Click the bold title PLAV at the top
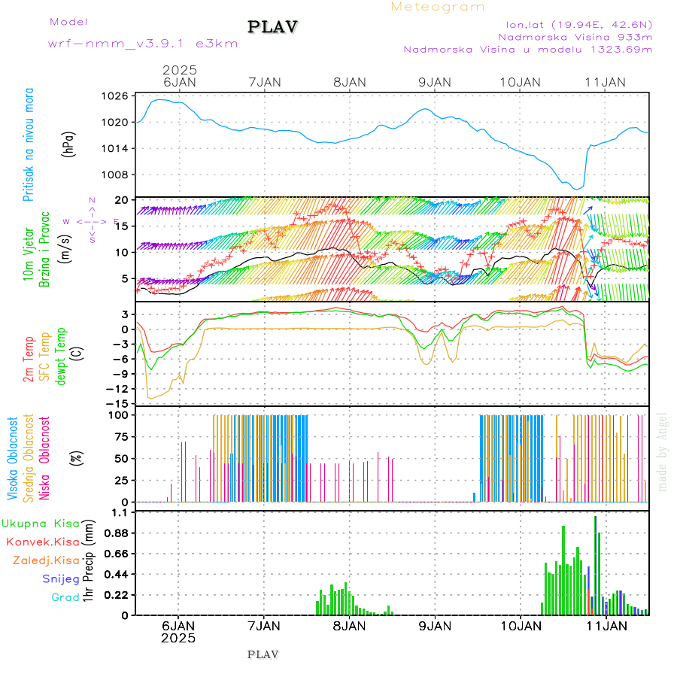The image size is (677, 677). tap(274, 27)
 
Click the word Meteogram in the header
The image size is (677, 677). tap(438, 7)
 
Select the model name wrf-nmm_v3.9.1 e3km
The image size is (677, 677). tap(143, 44)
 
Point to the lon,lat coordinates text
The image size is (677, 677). tap(578, 24)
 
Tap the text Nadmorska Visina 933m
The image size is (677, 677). tap(575, 36)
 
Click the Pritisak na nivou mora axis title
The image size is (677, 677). tap(29, 144)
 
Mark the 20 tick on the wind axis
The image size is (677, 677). tap(120, 199)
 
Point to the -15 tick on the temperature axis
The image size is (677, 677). tap(115, 403)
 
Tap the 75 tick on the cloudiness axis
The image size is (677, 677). tap(120, 436)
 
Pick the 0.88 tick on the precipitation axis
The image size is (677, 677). tap(114, 533)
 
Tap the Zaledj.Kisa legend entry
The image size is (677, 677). tap(46, 560)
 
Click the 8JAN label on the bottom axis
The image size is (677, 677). tap(349, 625)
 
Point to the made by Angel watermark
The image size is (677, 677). tap(663, 451)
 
